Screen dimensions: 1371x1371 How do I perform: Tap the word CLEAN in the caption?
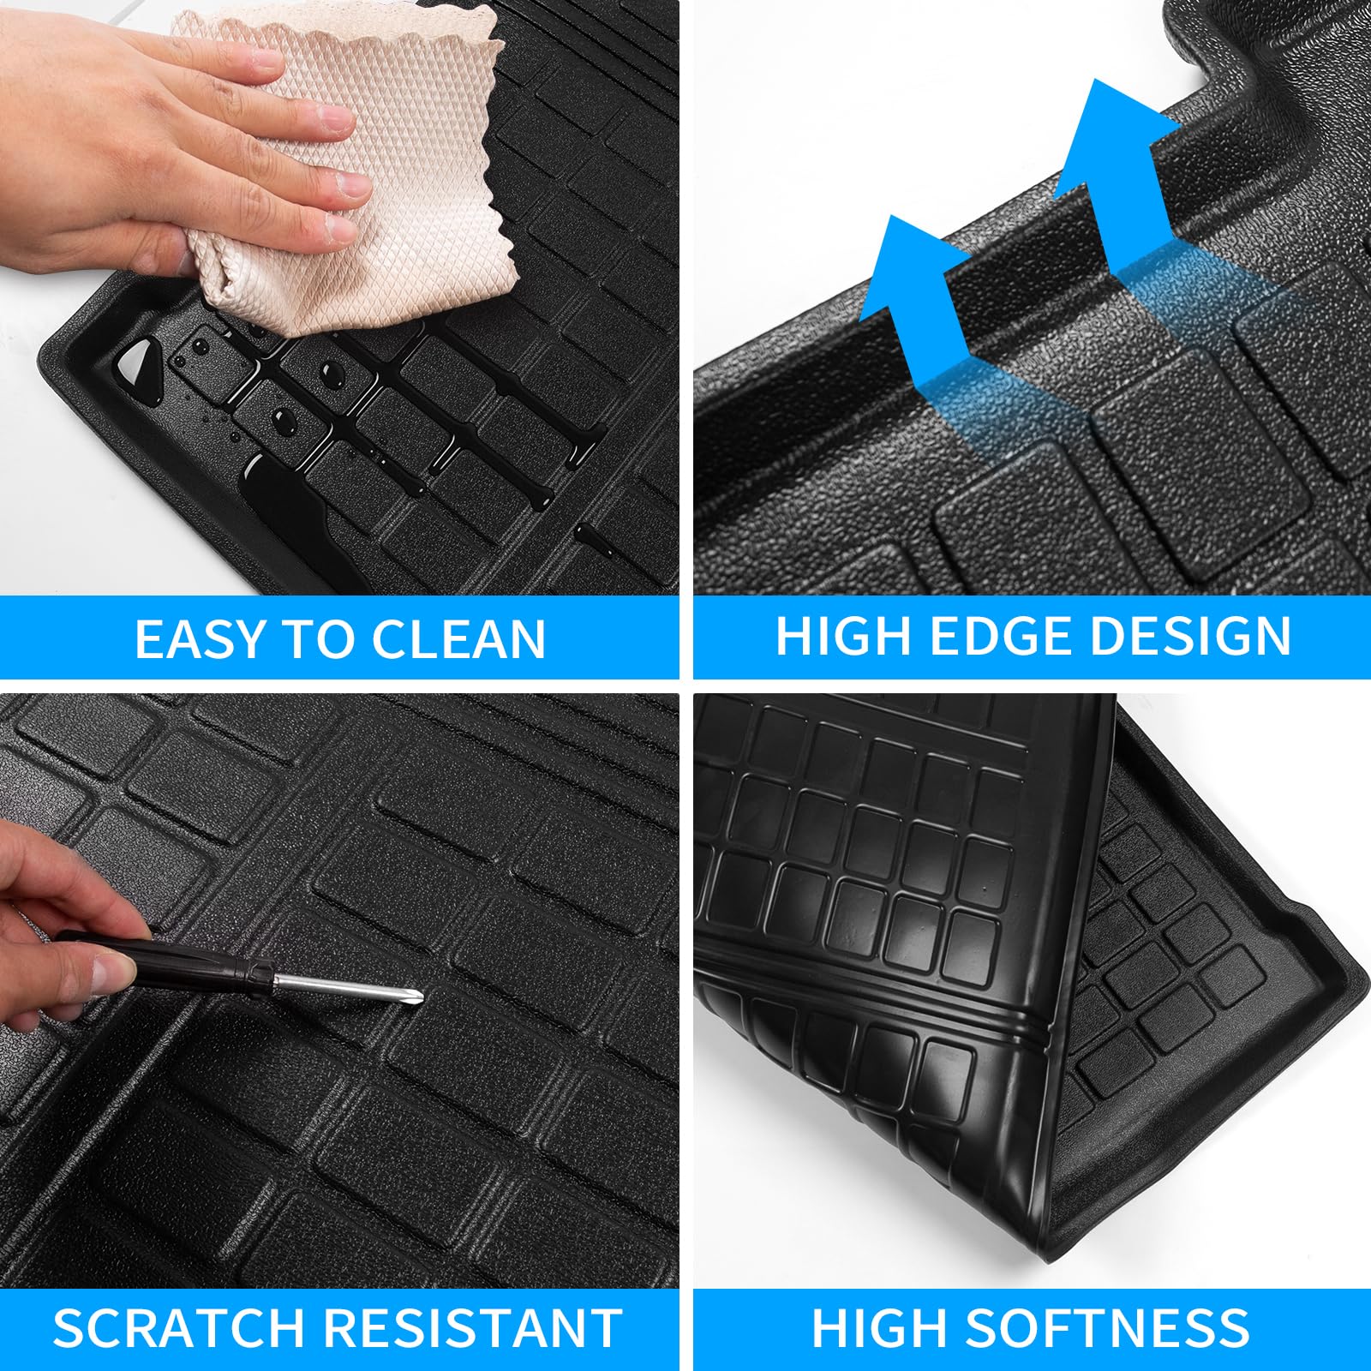point(459,639)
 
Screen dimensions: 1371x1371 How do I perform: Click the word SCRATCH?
point(181,1328)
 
